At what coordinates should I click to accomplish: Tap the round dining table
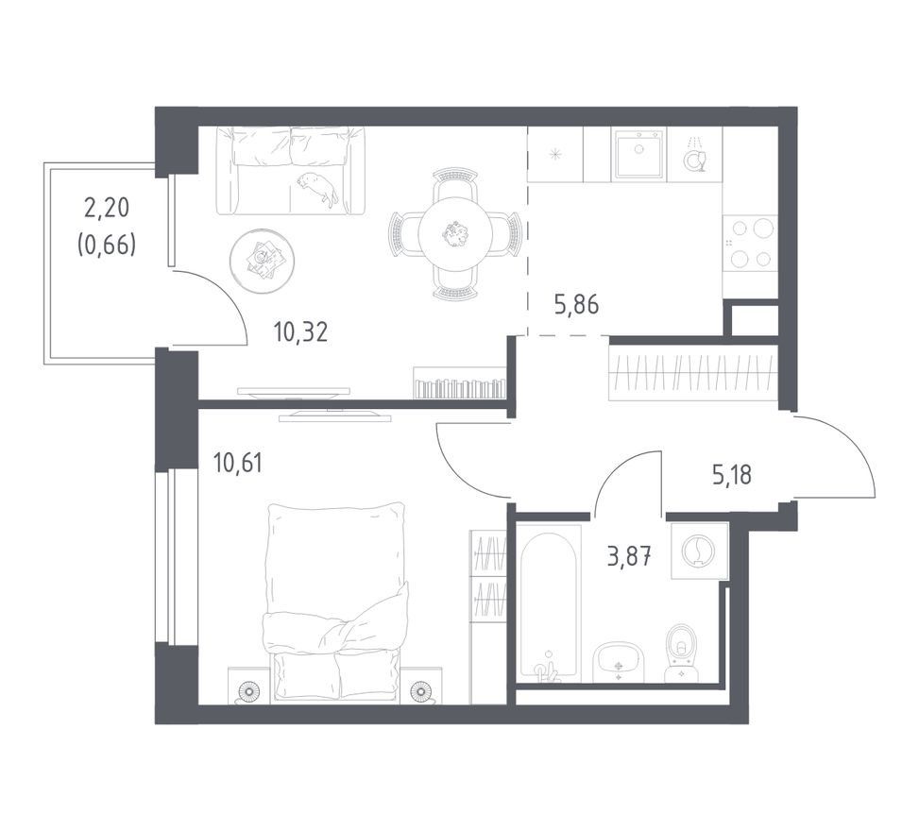click(455, 234)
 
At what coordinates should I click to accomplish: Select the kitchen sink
click(638, 154)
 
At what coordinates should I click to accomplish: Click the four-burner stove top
click(750, 243)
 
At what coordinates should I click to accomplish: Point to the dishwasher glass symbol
click(696, 160)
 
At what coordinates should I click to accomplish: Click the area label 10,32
click(300, 332)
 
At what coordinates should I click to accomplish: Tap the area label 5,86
click(577, 305)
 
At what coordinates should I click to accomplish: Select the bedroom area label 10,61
click(238, 463)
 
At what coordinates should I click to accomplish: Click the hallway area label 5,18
click(731, 475)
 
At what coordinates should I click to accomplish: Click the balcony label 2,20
click(107, 208)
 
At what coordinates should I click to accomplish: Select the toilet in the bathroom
click(681, 652)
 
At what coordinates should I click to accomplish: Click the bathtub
click(549, 603)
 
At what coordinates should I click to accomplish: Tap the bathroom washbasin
click(619, 662)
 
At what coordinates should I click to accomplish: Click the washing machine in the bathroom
click(699, 551)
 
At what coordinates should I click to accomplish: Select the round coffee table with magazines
click(262, 262)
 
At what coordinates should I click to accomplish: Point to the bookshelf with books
click(459, 383)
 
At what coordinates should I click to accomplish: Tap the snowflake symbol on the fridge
click(554, 155)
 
